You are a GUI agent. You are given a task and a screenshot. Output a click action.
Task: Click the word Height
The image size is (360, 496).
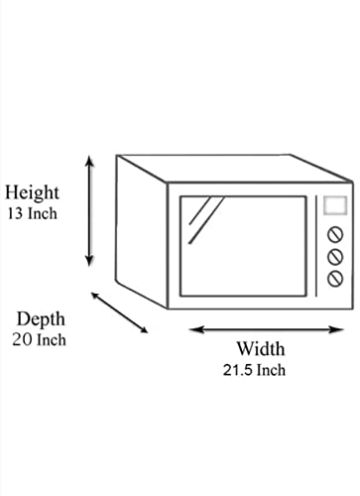click(32, 191)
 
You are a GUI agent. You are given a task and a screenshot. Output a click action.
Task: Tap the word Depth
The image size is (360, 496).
click(41, 318)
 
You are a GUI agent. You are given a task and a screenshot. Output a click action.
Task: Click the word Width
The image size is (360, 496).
click(260, 349)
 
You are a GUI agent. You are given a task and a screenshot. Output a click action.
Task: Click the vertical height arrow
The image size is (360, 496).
click(90, 209)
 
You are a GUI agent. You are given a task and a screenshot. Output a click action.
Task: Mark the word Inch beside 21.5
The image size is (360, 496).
click(271, 370)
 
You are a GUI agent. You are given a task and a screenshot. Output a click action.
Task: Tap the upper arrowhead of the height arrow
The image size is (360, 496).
click(90, 159)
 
